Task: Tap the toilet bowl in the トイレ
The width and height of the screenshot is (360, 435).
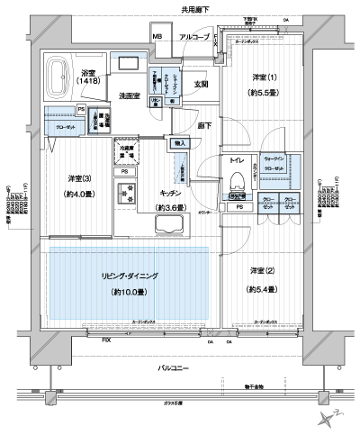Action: [x=238, y=177]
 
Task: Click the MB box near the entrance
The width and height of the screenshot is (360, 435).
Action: [x=157, y=37]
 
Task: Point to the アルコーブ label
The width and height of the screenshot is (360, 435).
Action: [x=193, y=36]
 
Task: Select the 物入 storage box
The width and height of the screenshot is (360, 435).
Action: [x=178, y=143]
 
